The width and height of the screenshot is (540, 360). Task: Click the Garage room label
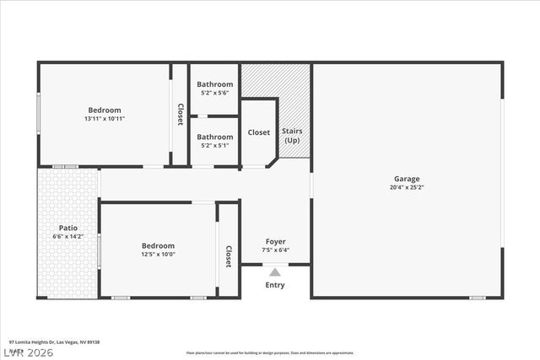point(406,179)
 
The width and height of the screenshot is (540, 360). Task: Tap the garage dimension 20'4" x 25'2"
point(406,188)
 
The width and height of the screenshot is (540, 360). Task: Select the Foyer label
point(275,241)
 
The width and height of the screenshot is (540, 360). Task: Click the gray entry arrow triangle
point(275,271)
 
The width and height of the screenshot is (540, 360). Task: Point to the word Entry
point(275,285)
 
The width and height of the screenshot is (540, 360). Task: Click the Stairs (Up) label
point(292,136)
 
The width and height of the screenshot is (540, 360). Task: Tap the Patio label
point(68,228)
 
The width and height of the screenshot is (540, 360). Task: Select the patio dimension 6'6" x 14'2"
point(68,237)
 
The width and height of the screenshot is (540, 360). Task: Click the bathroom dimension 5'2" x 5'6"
point(214,94)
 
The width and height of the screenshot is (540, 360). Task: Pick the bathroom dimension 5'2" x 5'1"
point(214,146)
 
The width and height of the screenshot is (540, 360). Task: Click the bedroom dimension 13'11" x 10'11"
point(105,119)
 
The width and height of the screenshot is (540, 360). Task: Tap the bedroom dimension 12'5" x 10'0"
point(158,255)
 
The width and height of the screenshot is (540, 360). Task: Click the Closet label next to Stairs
point(258,132)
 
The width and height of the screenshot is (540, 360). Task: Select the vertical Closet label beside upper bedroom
point(180,115)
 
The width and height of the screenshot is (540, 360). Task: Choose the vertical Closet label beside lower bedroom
point(228,256)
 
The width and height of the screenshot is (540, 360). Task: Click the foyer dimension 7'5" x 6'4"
point(275,250)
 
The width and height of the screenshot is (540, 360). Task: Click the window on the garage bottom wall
point(478,298)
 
